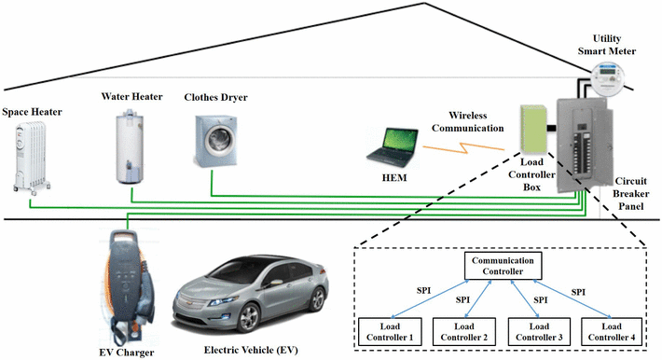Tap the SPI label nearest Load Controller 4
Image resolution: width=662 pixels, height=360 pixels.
(x=578, y=292)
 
